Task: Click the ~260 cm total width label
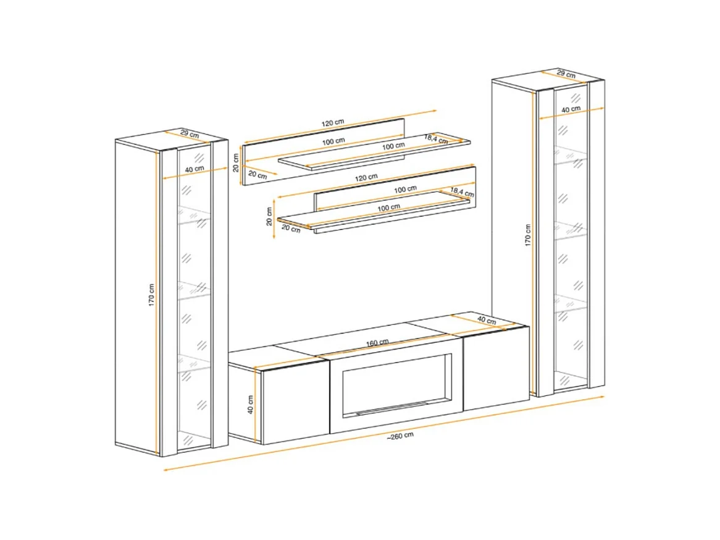click(400, 435)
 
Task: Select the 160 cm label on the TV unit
click(377, 343)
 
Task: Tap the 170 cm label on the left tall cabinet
click(151, 295)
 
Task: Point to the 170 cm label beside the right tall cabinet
click(527, 235)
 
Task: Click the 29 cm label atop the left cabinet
click(189, 134)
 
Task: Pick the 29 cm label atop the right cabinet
click(566, 74)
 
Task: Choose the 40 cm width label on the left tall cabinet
click(195, 169)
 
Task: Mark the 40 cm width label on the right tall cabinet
click(571, 109)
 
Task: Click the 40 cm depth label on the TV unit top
click(487, 320)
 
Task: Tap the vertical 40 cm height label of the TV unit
click(250, 405)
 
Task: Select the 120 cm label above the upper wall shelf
click(333, 123)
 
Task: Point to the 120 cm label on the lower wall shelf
click(366, 177)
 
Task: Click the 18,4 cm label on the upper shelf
click(435, 138)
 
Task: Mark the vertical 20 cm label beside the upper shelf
click(236, 162)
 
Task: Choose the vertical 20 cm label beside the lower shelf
click(269, 216)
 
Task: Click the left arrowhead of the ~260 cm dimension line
click(165, 470)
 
